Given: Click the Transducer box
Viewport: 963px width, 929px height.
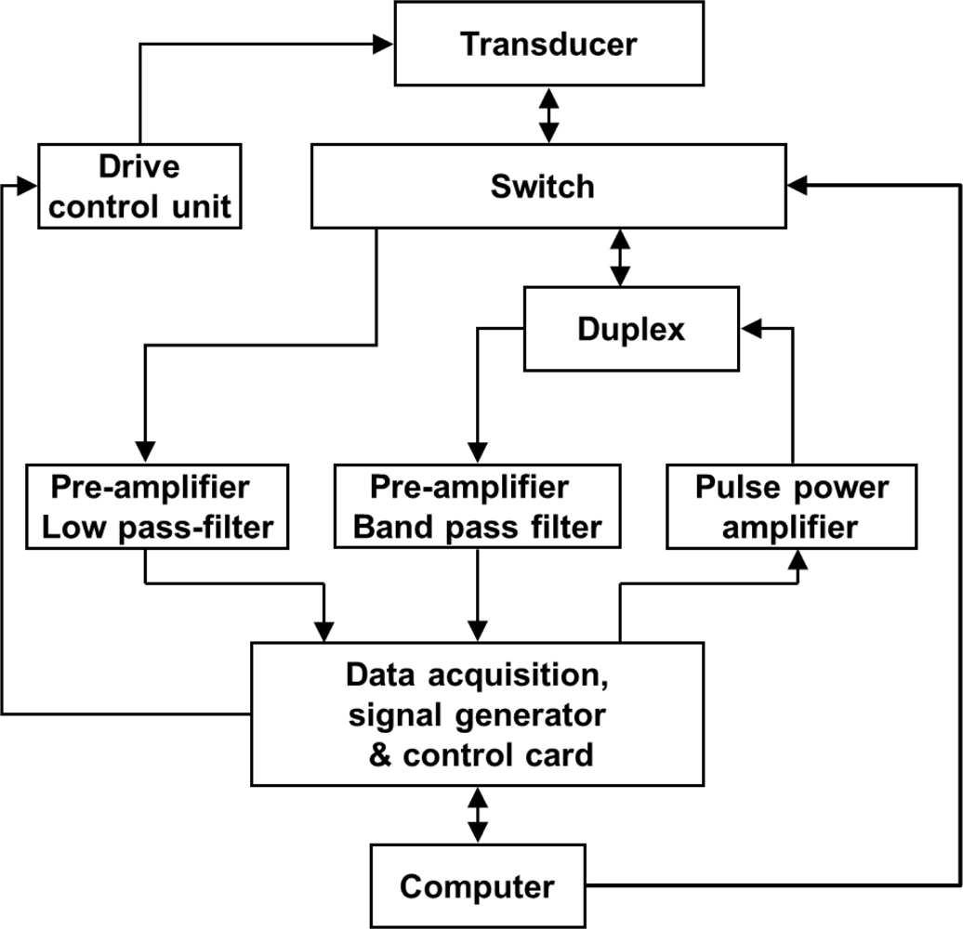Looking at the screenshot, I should tap(548, 44).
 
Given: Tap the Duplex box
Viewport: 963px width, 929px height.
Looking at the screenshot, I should tap(631, 329).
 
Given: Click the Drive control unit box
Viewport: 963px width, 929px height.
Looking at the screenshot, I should tap(139, 187).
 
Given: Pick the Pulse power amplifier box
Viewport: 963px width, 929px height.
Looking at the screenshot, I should tap(790, 507).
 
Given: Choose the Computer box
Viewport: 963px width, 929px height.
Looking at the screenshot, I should tap(478, 885).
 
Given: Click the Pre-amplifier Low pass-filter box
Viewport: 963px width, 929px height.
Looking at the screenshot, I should tap(157, 507).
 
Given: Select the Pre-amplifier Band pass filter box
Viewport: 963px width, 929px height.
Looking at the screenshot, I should tap(478, 507).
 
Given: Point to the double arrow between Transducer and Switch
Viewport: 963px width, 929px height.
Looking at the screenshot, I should tap(548, 115).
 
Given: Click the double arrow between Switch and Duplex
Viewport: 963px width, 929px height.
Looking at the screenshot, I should tap(619, 257).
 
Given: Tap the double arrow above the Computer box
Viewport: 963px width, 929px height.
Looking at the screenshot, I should tap(478, 815).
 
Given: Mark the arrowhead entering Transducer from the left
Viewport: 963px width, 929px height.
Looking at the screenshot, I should tap(384, 43).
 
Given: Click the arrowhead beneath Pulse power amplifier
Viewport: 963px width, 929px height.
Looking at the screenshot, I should tap(797, 560).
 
